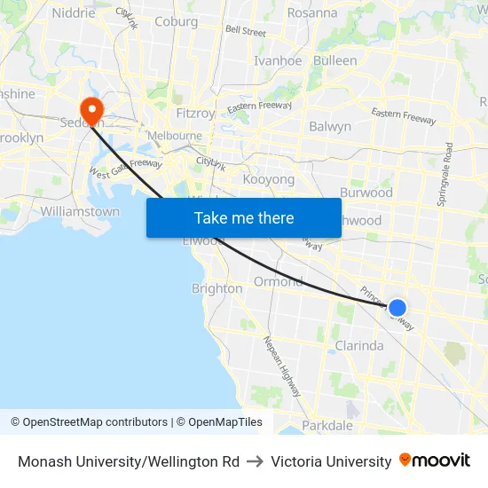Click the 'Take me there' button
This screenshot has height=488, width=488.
244,217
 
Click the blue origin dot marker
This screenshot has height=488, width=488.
397,308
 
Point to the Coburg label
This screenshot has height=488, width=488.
176,21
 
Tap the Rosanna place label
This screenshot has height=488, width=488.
312,13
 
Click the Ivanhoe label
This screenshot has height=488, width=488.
279,61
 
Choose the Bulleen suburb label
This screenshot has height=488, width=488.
335,61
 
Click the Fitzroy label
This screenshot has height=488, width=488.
195,114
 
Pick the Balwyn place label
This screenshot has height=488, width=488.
330,127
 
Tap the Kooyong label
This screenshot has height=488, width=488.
268,179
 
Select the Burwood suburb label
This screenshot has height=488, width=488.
366,193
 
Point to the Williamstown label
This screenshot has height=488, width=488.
80,212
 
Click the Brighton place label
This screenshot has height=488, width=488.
216,288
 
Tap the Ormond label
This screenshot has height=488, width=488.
278,281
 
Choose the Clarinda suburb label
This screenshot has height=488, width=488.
358,346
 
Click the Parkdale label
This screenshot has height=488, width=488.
327,426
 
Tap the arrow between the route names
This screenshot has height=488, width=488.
255,461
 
